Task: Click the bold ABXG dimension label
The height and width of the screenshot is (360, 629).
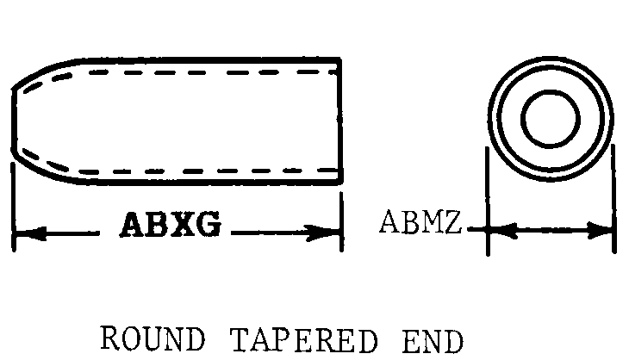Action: click(x=171, y=224)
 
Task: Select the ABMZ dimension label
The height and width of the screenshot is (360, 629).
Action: click(x=420, y=221)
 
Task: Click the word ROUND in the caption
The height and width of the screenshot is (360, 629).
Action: click(x=153, y=338)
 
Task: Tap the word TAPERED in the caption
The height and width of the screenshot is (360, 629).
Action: click(x=303, y=340)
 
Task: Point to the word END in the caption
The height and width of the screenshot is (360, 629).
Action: click(x=433, y=341)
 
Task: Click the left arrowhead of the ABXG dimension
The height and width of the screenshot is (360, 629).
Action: click(x=30, y=233)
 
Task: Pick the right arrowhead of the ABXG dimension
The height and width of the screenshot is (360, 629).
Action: click(x=323, y=233)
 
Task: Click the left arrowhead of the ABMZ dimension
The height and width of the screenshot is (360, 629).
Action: click(x=502, y=231)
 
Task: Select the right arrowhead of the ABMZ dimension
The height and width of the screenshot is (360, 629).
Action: click(x=600, y=230)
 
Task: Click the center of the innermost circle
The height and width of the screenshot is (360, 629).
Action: click(x=551, y=119)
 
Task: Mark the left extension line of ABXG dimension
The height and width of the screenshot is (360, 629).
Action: click(x=14, y=207)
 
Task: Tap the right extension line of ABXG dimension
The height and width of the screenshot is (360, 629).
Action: click(x=341, y=221)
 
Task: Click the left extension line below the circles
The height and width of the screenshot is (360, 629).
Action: click(x=488, y=201)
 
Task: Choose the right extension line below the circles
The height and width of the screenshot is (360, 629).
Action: click(x=613, y=199)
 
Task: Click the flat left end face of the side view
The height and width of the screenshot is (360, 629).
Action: click(x=14, y=120)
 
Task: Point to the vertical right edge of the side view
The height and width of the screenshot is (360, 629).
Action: click(x=340, y=121)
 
